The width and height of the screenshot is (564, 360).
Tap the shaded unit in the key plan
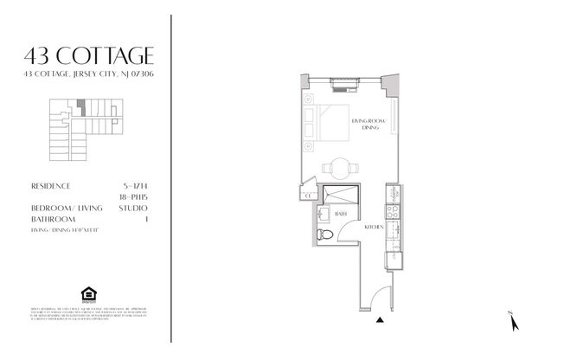click(80, 108)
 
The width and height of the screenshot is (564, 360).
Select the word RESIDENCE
click(49, 186)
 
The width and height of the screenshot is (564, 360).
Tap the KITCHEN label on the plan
click(374, 226)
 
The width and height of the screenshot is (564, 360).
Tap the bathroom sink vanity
click(322, 215)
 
